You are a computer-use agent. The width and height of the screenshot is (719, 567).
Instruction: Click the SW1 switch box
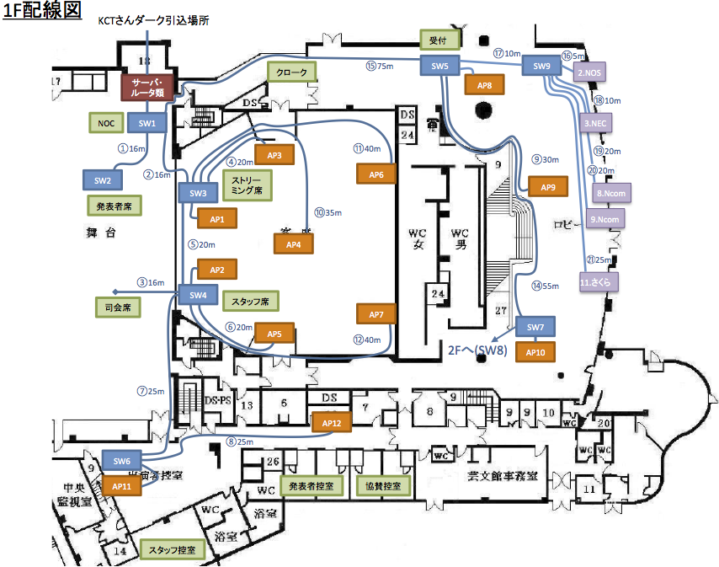point(147,123)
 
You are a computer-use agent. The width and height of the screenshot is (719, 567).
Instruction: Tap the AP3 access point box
point(274,155)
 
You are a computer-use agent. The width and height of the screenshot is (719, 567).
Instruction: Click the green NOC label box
point(106,123)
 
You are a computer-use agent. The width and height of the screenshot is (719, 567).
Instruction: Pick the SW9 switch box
point(541,66)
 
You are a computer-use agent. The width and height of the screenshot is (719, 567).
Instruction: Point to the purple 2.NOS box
point(590,74)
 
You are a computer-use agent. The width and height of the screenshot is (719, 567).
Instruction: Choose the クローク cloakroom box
point(291,72)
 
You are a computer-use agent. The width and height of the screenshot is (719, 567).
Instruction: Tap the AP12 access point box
point(331,422)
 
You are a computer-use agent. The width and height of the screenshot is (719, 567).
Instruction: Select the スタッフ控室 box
point(172,549)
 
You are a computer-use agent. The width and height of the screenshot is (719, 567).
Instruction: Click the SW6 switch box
point(121,461)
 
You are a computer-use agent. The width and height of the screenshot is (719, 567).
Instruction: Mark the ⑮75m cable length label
point(380,65)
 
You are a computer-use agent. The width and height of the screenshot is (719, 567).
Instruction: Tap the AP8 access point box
point(484,85)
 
